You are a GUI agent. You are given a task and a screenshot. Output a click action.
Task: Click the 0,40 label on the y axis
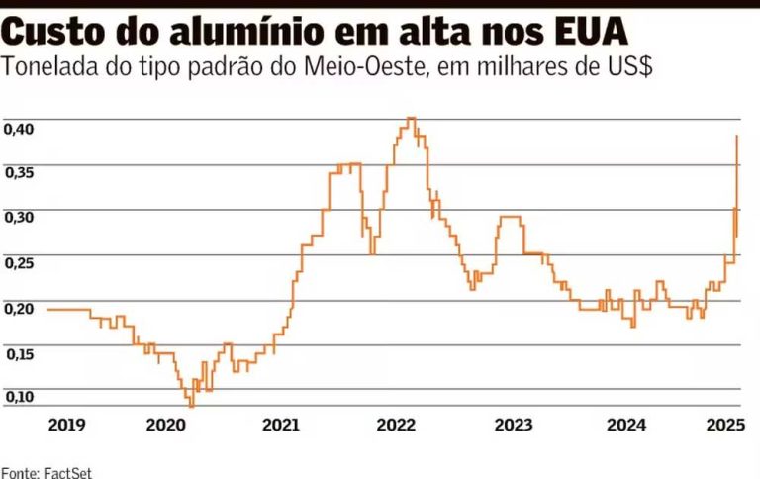tap(20, 130)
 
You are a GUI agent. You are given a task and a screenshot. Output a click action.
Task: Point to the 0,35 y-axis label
tap(20, 173)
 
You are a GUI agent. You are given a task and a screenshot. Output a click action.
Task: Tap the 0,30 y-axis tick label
tap(20, 218)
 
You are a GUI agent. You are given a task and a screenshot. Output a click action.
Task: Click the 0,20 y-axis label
tap(20, 308)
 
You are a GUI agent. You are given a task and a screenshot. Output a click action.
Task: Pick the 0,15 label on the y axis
tap(20, 353)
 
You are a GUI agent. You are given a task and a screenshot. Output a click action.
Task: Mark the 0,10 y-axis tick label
tap(20, 397)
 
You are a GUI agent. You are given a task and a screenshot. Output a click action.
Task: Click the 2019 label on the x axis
tap(66, 426)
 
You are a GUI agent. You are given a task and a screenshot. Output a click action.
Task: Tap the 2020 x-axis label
tap(165, 426)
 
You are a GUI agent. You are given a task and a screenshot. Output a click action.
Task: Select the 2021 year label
tap(281, 426)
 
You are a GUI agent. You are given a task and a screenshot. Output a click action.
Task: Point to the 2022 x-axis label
tap(397, 426)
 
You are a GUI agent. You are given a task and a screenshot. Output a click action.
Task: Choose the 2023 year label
tap(513, 426)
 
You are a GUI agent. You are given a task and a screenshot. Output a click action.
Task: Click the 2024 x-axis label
tap(627, 426)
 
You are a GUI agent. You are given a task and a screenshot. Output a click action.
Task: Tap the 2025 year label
tap(725, 426)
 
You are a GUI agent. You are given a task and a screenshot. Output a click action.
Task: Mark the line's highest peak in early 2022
tap(410, 119)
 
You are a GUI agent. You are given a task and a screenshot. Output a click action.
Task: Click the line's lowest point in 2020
tap(191, 404)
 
